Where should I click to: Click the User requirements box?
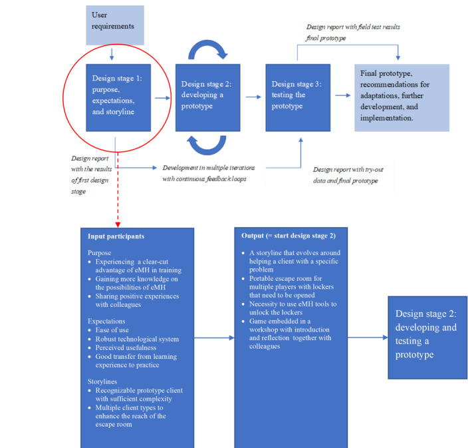coord(115,25)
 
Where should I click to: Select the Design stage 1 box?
coord(118,97)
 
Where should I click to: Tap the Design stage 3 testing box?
coord(298,97)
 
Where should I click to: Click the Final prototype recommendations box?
coord(402,97)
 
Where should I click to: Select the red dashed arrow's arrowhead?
coord(118,224)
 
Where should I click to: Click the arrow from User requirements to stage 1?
coord(112,54)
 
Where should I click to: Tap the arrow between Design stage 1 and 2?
coord(163,98)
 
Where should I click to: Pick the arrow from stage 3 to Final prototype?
coord(343,95)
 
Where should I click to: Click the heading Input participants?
coord(116,236)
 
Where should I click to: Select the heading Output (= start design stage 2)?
coord(289,236)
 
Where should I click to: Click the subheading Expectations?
coord(106,321)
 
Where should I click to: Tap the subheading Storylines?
coord(102,381)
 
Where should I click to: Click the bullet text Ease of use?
coord(112,330)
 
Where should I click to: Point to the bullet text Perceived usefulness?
coord(126,347)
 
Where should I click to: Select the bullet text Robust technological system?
coord(137,339)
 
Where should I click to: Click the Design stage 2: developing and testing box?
coord(427,337)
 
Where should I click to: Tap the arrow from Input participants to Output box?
coord(214,337)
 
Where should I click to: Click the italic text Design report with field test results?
coord(353,27)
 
